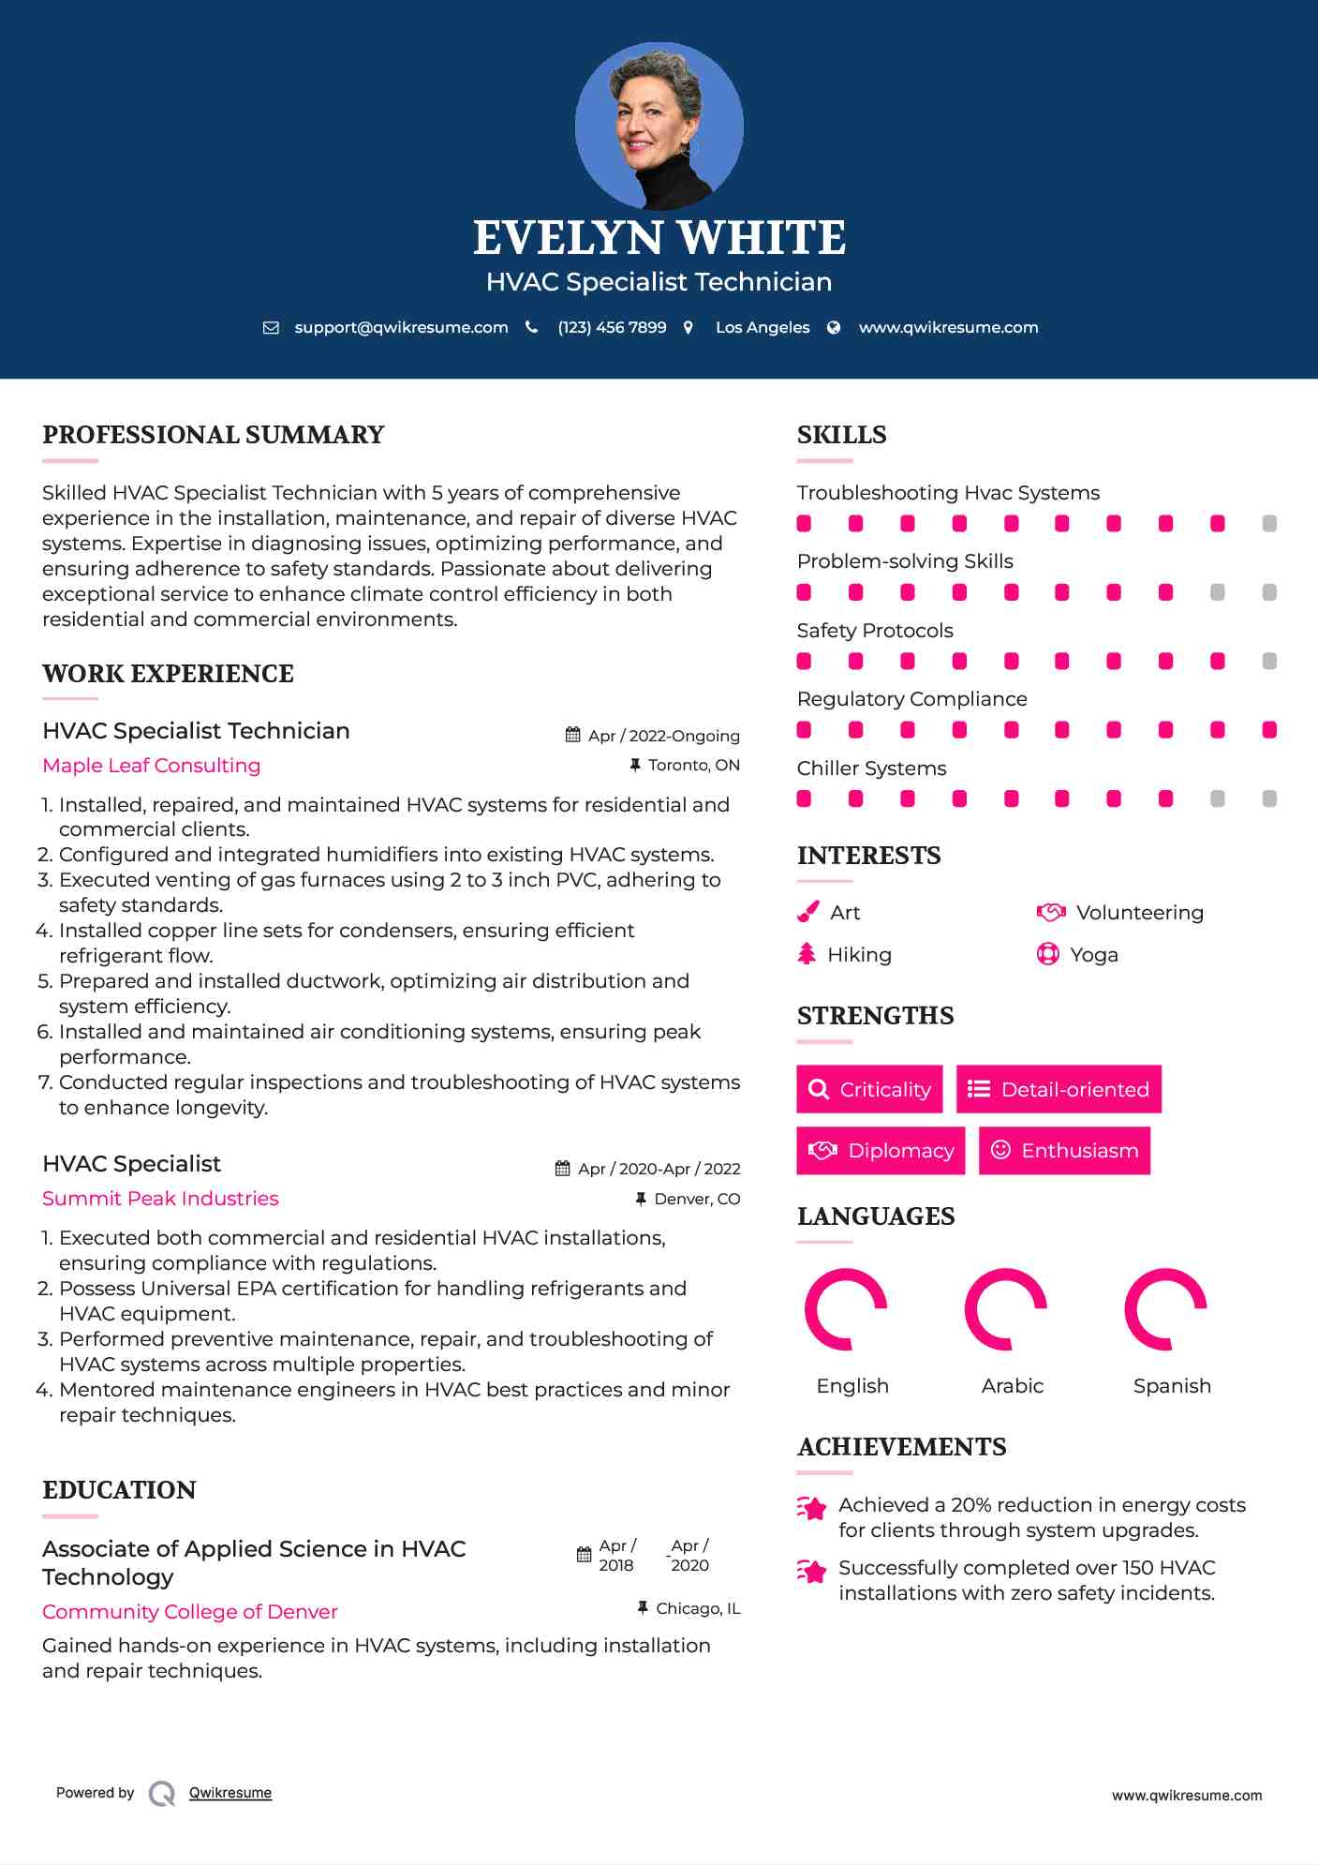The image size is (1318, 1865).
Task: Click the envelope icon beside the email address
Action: click(x=271, y=328)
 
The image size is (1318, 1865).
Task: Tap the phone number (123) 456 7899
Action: click(x=612, y=328)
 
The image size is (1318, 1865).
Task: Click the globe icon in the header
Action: click(x=834, y=328)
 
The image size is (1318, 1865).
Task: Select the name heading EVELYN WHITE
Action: click(x=659, y=238)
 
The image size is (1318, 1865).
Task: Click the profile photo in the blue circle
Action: click(x=659, y=126)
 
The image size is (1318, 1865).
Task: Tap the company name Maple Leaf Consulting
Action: click(x=152, y=766)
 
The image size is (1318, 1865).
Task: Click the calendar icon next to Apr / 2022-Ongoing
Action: click(x=573, y=736)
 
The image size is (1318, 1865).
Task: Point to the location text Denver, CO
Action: click(x=697, y=1200)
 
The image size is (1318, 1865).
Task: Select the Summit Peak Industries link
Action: click(x=160, y=1199)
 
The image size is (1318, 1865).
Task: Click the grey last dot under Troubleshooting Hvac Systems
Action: click(x=1269, y=524)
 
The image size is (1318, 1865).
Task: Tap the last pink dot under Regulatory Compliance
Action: click(x=1269, y=730)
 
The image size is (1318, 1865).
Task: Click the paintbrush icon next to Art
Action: click(x=807, y=913)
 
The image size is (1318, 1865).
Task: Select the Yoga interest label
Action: click(x=1094, y=955)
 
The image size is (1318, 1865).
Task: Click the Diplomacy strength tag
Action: click(x=881, y=1151)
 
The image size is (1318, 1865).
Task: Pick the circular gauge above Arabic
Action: click(x=1006, y=1309)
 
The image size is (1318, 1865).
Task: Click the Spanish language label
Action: click(x=1172, y=1386)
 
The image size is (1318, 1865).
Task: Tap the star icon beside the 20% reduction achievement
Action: click(x=812, y=1508)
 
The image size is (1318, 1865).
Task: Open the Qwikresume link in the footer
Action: click(x=230, y=1793)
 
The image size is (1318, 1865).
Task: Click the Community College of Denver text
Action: click(x=190, y=1612)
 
